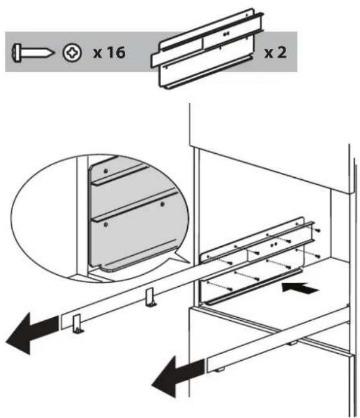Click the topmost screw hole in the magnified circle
coord(105,171)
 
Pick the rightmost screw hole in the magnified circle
coord(162,204)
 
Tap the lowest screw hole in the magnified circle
coord(105,225)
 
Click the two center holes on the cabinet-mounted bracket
coord(274,244)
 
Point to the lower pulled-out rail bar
coord(280,340)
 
